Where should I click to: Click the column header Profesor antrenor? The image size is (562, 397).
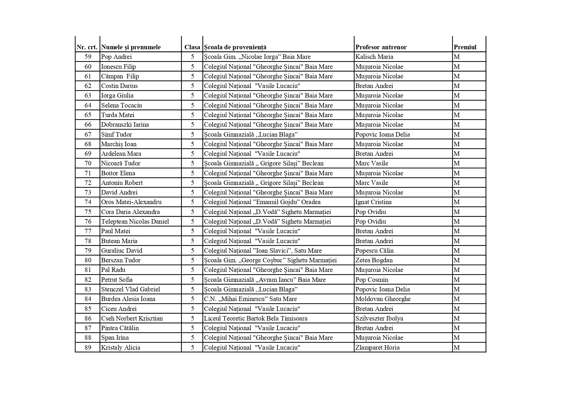tap(381, 47)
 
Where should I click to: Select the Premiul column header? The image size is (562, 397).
tap(465, 47)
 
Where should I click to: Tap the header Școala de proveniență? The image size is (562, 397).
tap(235, 47)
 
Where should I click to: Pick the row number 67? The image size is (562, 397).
tap(88, 134)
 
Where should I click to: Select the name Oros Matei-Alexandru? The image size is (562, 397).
tap(131, 202)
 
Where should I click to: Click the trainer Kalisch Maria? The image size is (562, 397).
tap(374, 57)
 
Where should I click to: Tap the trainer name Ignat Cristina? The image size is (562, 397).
tap(373, 202)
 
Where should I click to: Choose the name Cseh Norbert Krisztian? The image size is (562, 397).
tap(132, 318)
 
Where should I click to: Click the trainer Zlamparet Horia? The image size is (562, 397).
tap(377, 347)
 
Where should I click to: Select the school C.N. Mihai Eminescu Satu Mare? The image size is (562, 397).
tap(250, 299)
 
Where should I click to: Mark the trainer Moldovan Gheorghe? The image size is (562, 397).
tap(383, 299)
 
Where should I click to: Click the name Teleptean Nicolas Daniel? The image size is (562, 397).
tap(135, 221)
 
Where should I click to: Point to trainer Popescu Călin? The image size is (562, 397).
tap(374, 250)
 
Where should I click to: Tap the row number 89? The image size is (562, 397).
tap(88, 347)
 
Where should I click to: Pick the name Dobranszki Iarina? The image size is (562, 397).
tap(125, 124)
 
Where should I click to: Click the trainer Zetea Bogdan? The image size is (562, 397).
tap(374, 260)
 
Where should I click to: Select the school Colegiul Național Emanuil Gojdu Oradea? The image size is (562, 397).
tap(262, 202)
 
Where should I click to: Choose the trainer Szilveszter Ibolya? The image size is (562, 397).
tap(379, 318)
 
